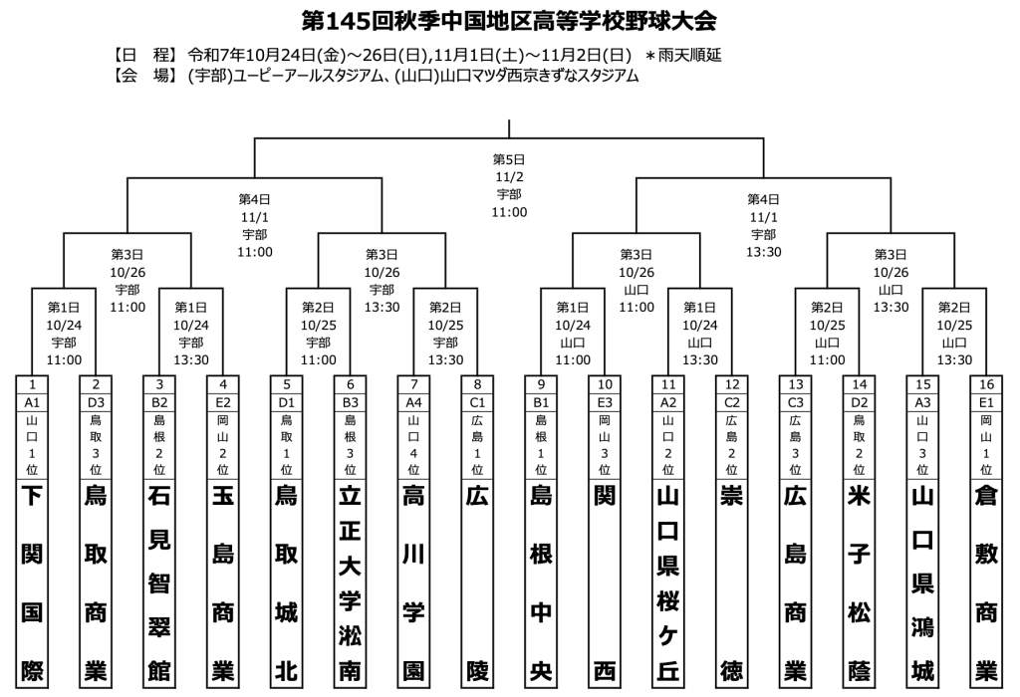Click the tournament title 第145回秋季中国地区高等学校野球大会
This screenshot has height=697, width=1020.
coord(509,21)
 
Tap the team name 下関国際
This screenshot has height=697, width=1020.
coord(33,582)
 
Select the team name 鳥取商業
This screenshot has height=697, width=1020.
coord(97,582)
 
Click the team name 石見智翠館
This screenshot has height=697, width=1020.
coord(159,582)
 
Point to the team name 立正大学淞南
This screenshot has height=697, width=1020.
coord(351,582)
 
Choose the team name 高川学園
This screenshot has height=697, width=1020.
coord(413,582)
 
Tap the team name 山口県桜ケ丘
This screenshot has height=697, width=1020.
coord(668,582)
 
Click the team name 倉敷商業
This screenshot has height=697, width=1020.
coord(986,582)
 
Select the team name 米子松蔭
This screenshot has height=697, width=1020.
coord(860,582)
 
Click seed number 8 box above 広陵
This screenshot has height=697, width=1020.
coord(477,384)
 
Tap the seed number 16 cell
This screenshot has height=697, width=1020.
coord(986,384)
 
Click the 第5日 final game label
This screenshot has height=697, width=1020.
coord(509,159)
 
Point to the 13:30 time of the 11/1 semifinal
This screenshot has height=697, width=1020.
coord(764,251)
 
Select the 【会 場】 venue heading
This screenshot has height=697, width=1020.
coord(142,75)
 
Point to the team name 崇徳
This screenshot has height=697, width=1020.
coord(732,582)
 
